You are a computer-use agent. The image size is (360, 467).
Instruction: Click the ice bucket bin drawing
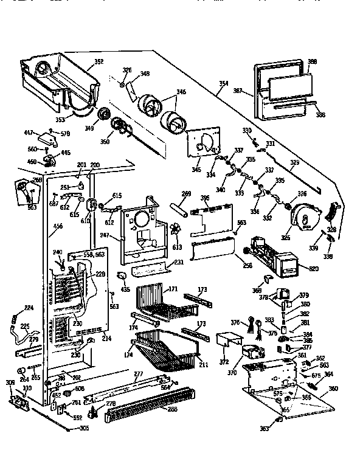[x=58, y=79]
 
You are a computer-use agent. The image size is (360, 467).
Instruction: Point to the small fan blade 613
[x=177, y=232]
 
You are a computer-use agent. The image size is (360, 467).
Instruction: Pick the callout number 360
[x=333, y=388]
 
